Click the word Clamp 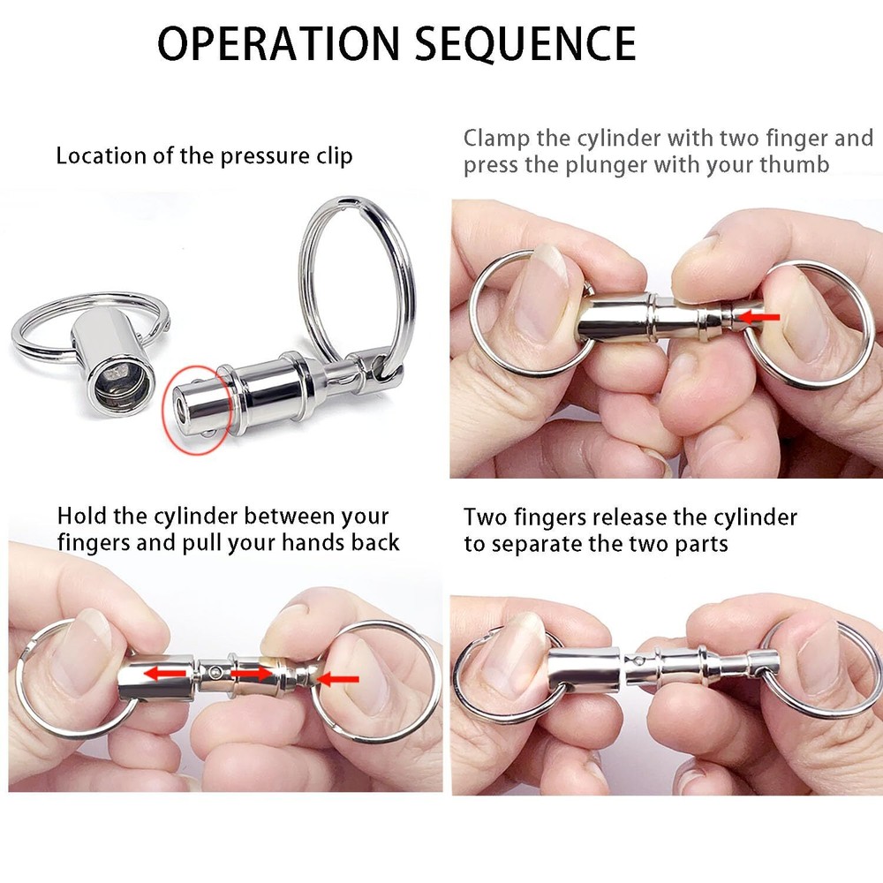[x=494, y=139]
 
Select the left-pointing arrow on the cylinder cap [x=166, y=674]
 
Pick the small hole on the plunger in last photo [x=638, y=659]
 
